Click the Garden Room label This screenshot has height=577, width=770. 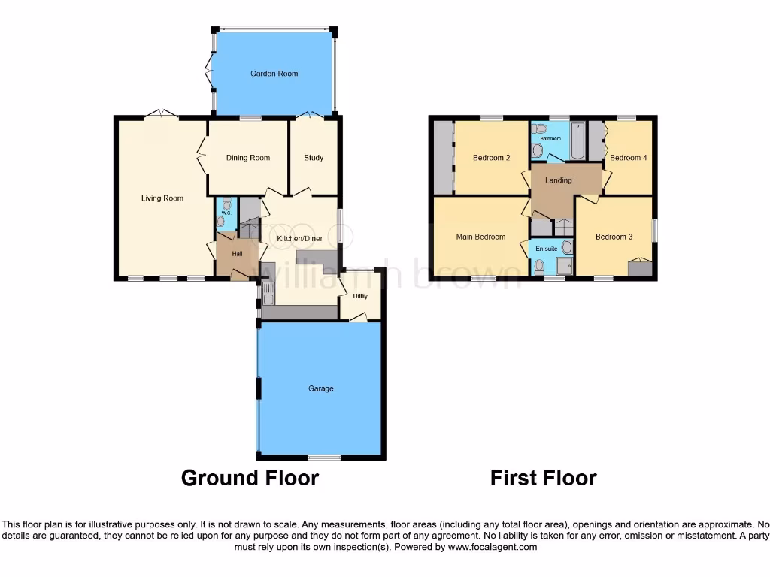coord(274,74)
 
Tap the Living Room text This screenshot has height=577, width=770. coord(162,198)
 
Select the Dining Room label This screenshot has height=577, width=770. coord(247,158)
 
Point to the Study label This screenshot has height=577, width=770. coord(314,158)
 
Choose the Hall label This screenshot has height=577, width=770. coord(237,254)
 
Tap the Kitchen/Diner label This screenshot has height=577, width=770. coord(299,239)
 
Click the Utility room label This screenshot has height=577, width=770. coord(361,296)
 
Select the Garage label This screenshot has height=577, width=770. coord(320,388)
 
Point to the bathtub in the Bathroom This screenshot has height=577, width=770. coord(577,141)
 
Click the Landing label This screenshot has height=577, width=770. coord(558,180)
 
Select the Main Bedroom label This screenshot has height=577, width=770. coord(480,237)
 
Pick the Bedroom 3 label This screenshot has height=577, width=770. coord(614,237)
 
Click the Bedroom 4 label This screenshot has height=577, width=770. coord(627,158)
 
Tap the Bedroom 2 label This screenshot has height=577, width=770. coord(492,158)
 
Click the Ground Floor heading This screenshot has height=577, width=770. coord(250,478)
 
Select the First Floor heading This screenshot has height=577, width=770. coord(543,478)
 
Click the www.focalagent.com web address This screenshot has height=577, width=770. coord(493,548)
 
